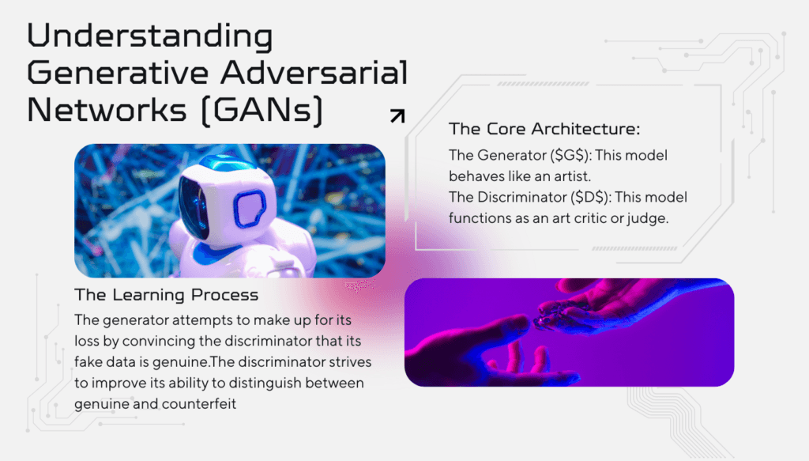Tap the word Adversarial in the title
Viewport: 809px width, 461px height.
click(x=314, y=72)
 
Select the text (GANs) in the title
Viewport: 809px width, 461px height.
click(x=262, y=111)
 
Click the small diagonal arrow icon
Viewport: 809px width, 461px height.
click(x=397, y=116)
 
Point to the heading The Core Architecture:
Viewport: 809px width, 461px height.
click(x=544, y=129)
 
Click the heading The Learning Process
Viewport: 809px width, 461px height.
click(x=166, y=295)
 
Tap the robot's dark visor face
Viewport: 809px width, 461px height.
click(x=194, y=206)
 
